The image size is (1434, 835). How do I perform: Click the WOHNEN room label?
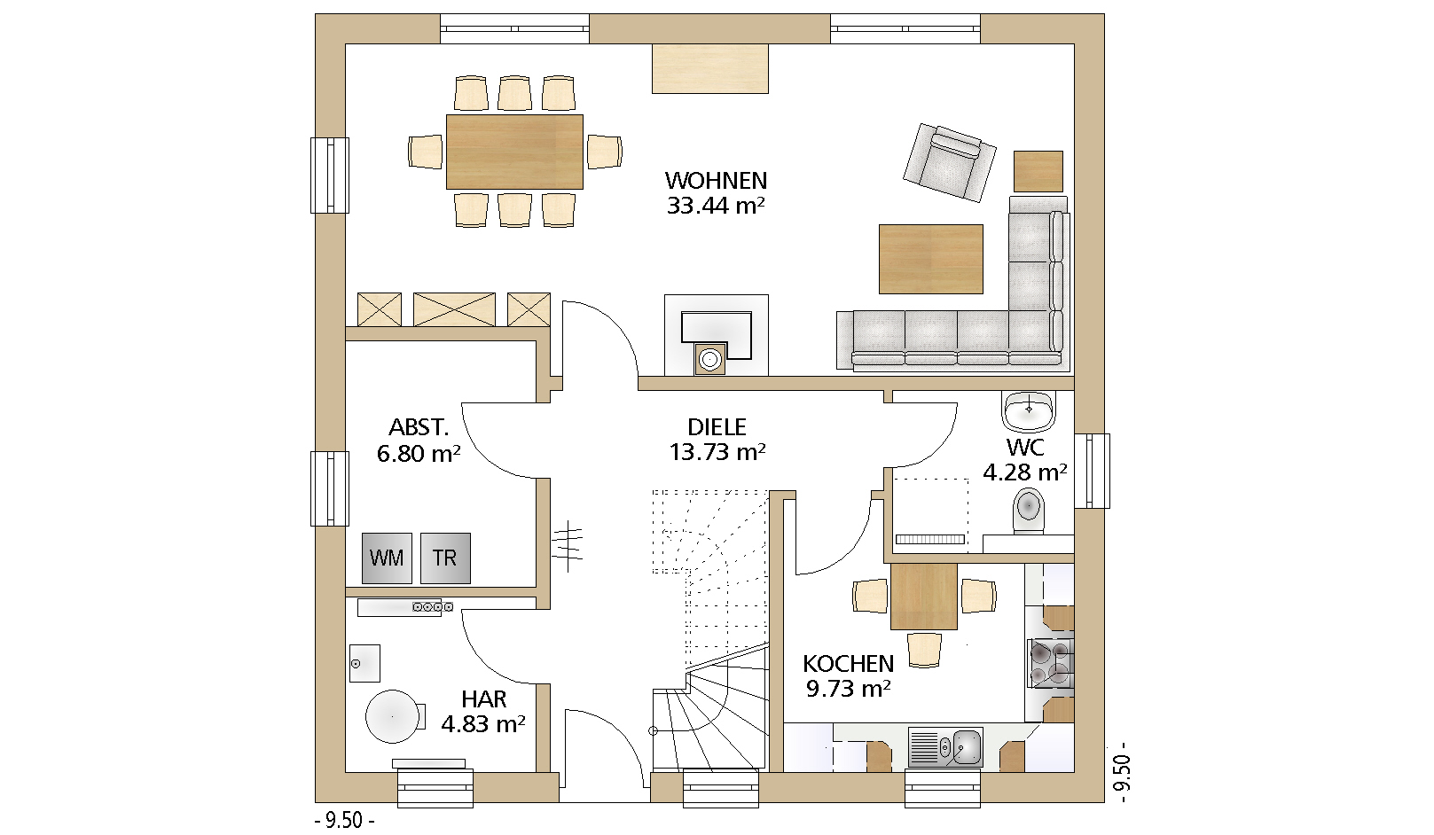(716, 181)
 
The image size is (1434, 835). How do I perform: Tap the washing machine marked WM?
(387, 558)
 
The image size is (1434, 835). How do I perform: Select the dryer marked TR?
(445, 558)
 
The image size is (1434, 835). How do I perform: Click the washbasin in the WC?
(1029, 410)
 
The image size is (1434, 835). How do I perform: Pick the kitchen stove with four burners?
(1050, 664)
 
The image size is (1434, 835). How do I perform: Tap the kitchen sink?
(945, 747)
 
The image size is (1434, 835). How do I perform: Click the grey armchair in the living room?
(950, 162)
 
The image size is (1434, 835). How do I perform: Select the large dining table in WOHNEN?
(514, 152)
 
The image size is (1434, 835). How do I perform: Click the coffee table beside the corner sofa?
(931, 259)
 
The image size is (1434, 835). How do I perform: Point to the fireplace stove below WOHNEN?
(717, 335)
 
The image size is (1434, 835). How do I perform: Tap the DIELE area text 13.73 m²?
(717, 452)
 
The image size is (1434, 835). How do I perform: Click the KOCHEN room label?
(848, 664)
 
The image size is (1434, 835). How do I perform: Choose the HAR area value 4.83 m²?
(483, 724)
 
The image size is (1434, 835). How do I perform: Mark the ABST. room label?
(419, 426)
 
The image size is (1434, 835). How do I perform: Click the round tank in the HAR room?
(393, 716)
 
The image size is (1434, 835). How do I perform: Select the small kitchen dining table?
(924, 597)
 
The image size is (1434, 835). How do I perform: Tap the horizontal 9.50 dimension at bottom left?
(344, 820)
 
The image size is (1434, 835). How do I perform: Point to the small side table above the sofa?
(1038, 171)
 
